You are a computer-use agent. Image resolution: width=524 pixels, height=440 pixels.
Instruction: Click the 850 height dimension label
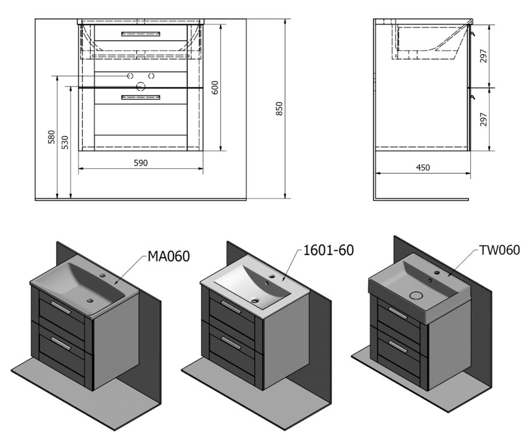(279, 109)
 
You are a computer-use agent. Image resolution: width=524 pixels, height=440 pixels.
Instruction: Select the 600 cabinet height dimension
(215, 87)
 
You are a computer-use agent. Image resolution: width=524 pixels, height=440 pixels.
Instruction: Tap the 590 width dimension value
(141, 163)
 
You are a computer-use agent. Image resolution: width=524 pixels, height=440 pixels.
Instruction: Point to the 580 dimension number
(51, 137)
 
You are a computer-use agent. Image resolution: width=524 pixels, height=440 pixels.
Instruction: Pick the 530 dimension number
(65, 143)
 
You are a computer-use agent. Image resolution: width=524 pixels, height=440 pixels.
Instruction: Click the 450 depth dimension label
(423, 168)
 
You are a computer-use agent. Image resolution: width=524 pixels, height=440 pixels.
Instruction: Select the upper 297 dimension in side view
(483, 56)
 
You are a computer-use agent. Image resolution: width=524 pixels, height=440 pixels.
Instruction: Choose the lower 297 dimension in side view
(483, 119)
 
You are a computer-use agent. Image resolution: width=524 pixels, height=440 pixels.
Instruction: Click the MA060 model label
(169, 256)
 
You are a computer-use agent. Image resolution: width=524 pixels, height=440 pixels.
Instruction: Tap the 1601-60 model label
(328, 250)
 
